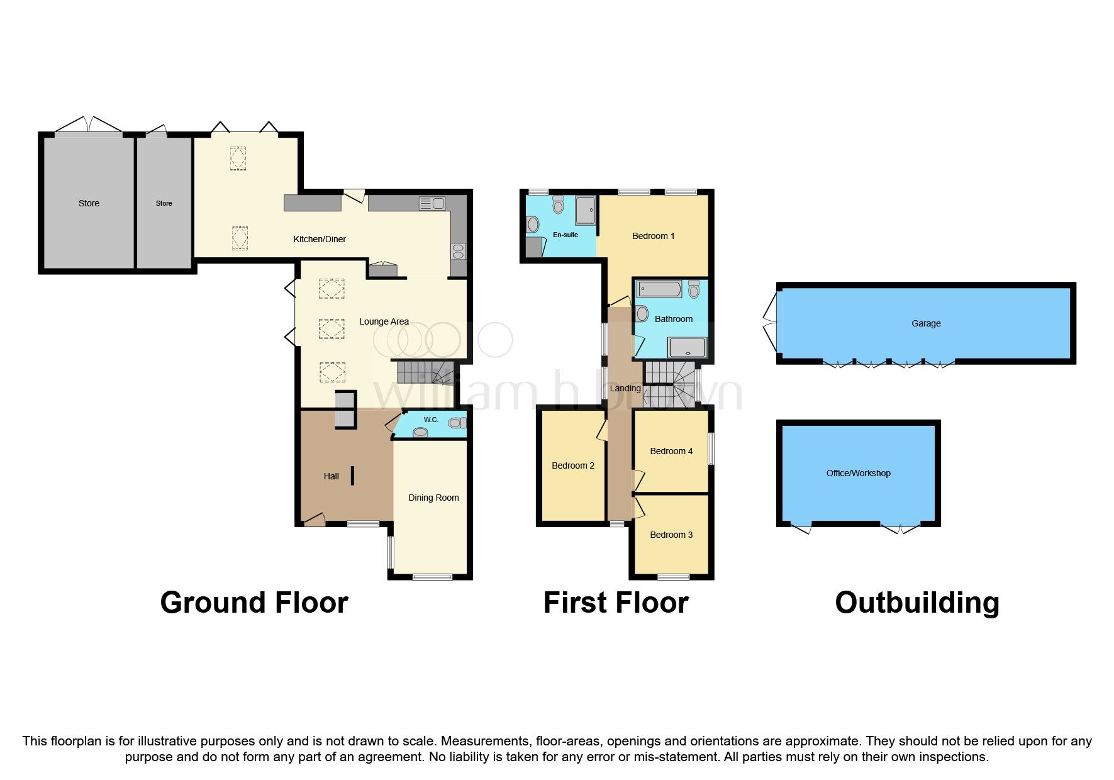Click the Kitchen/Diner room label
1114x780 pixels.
pyautogui.click(x=320, y=239)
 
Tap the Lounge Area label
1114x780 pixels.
pyautogui.click(x=384, y=321)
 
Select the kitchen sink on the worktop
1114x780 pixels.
pyautogui.click(x=432, y=203)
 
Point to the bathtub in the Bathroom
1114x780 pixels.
pyautogui.click(x=659, y=290)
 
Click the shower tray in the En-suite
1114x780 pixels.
pyautogui.click(x=585, y=209)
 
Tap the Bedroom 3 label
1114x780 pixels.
pyautogui.click(x=671, y=535)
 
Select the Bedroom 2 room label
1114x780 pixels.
pyautogui.click(x=572, y=465)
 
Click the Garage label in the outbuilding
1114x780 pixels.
pyautogui.click(x=926, y=323)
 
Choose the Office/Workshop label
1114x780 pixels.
pyautogui.click(x=858, y=473)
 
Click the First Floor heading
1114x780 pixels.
pyautogui.click(x=615, y=603)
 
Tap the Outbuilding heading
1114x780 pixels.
pyautogui.click(x=916, y=603)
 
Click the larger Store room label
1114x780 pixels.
pyautogui.click(x=89, y=203)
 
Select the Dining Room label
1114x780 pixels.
pyautogui.click(x=433, y=498)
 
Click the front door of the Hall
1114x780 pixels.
pyautogui.click(x=314, y=519)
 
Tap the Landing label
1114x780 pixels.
pyautogui.click(x=625, y=388)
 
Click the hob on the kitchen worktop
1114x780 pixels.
pyautogui.click(x=458, y=252)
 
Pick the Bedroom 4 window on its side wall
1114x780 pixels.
pyautogui.click(x=711, y=448)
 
